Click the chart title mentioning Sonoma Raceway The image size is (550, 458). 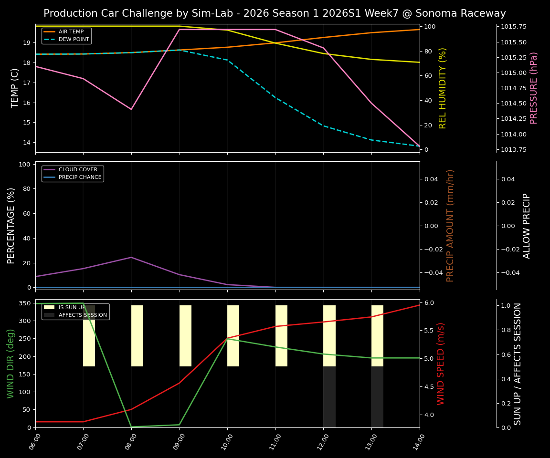click(x=275, y=13)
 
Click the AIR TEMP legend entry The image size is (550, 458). click(x=71, y=32)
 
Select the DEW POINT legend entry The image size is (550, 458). click(x=74, y=40)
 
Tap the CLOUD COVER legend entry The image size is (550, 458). click(x=78, y=170)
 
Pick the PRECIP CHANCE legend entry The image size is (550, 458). click(x=80, y=177)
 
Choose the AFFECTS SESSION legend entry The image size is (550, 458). click(x=82, y=315)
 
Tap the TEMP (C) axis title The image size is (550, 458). click(x=15, y=88)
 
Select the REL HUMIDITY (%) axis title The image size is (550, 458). click(x=443, y=88)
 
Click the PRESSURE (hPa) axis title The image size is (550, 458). click(x=534, y=88)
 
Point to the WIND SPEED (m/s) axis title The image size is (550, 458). click(x=441, y=363)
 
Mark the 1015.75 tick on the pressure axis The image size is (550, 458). click(x=514, y=27)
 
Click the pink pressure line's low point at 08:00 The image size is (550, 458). click(x=131, y=109)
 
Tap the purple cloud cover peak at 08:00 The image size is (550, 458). click(x=131, y=257)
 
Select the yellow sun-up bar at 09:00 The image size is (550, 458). click(x=185, y=336)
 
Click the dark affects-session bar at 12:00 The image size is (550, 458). click(x=329, y=397)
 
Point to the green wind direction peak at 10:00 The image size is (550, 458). click(x=227, y=339)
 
